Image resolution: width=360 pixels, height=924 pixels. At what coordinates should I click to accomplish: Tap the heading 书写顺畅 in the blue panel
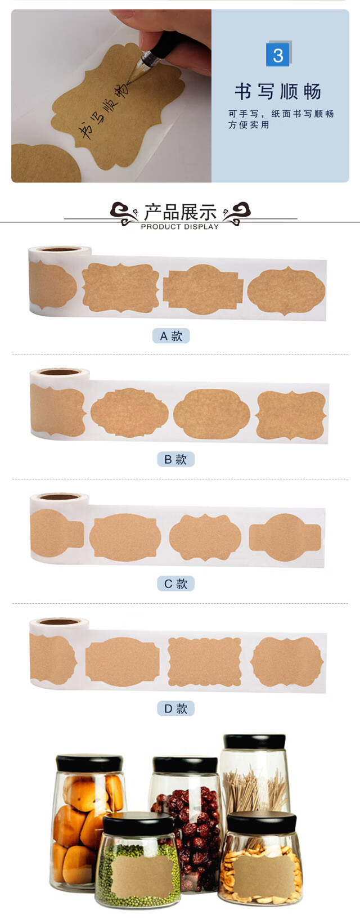(x=277, y=92)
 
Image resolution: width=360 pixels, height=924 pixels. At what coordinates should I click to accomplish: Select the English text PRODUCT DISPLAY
(x=180, y=226)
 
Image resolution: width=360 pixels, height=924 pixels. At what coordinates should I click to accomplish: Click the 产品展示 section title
(x=180, y=212)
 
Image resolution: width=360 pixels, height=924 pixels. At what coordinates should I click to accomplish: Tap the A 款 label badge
(x=171, y=336)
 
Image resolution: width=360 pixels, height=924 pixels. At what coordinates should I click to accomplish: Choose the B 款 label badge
(x=175, y=459)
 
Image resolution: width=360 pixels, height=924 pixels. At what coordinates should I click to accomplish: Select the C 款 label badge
(x=175, y=584)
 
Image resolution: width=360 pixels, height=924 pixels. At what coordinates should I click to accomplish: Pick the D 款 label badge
(x=175, y=708)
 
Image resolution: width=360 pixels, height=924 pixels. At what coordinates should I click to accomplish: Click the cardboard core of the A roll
(x=60, y=249)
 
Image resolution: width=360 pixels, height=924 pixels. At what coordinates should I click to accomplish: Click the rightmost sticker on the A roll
(x=286, y=291)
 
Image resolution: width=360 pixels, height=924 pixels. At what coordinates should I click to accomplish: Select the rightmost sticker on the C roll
(x=285, y=537)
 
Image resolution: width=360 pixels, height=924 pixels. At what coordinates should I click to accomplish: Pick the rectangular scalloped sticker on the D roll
(x=205, y=661)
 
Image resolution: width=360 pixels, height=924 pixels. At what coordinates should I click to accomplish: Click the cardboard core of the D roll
(x=59, y=622)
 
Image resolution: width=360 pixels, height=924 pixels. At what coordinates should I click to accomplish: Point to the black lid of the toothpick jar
(x=254, y=742)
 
